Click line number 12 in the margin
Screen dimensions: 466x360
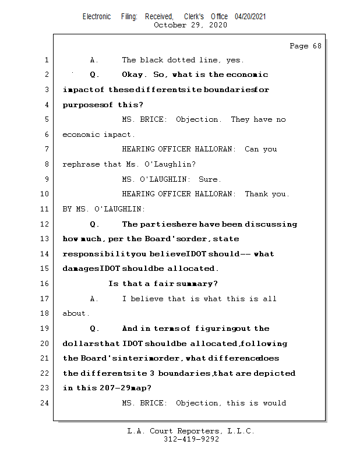tap(45, 224)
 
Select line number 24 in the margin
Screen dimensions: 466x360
tap(45, 403)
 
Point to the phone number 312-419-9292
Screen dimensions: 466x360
tap(191, 440)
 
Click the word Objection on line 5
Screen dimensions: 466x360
tap(198, 119)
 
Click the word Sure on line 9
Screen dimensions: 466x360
tap(210, 179)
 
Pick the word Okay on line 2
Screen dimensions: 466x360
tap(134, 75)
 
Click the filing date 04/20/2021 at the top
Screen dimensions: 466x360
tap(250, 17)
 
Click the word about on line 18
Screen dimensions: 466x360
tap(75, 313)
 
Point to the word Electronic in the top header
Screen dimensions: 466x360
tap(97, 17)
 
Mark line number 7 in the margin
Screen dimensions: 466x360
tap(45, 150)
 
